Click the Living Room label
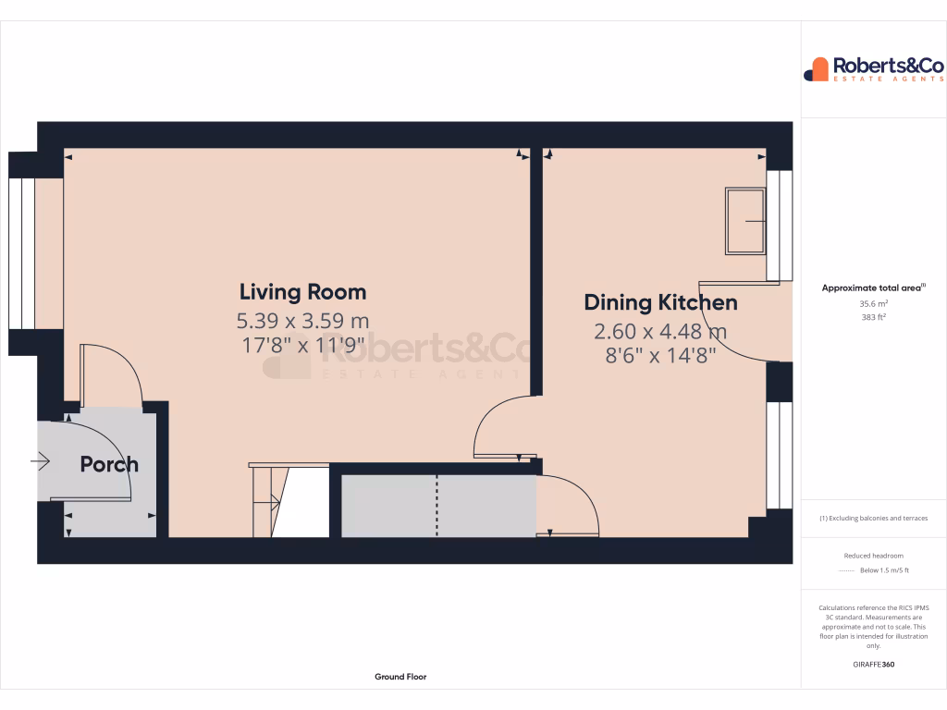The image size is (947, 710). point(302,292)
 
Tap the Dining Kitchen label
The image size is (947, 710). point(660,302)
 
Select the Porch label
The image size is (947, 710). point(109,464)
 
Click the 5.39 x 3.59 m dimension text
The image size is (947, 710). point(302,321)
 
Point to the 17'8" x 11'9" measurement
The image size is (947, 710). point(302,345)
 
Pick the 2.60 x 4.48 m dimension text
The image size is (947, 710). point(660,331)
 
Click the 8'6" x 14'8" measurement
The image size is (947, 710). point(660,355)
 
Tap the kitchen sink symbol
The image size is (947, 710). point(745,221)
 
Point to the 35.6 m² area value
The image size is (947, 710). point(874,303)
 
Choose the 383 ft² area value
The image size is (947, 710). point(874,317)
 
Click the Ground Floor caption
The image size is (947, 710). point(400,677)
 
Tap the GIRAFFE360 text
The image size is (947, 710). point(874,664)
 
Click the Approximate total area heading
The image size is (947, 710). point(872,288)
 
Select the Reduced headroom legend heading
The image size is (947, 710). point(874,556)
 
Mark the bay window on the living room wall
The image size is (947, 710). point(21,253)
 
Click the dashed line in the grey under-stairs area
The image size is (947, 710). point(437,505)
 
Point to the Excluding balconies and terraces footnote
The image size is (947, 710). point(874,519)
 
